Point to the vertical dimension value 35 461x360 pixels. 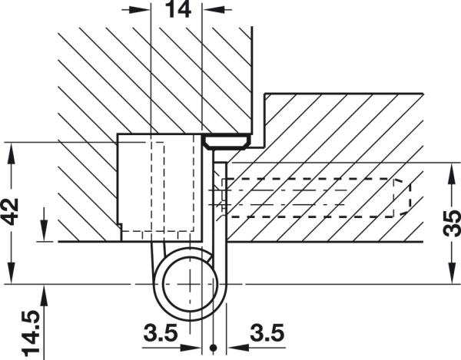(x=452, y=223)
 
